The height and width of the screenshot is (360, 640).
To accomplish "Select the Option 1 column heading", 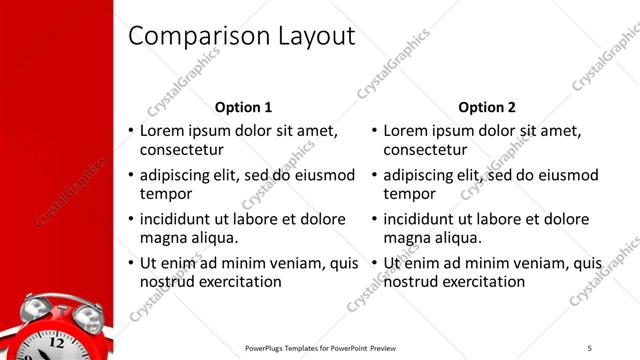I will point(243,107).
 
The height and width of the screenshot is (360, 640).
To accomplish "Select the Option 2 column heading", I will point(487,107).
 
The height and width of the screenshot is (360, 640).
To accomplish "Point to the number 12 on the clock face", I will point(57,341).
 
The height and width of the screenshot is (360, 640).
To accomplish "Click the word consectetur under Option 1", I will point(180,151).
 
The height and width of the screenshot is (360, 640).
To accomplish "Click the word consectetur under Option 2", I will point(424,151).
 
